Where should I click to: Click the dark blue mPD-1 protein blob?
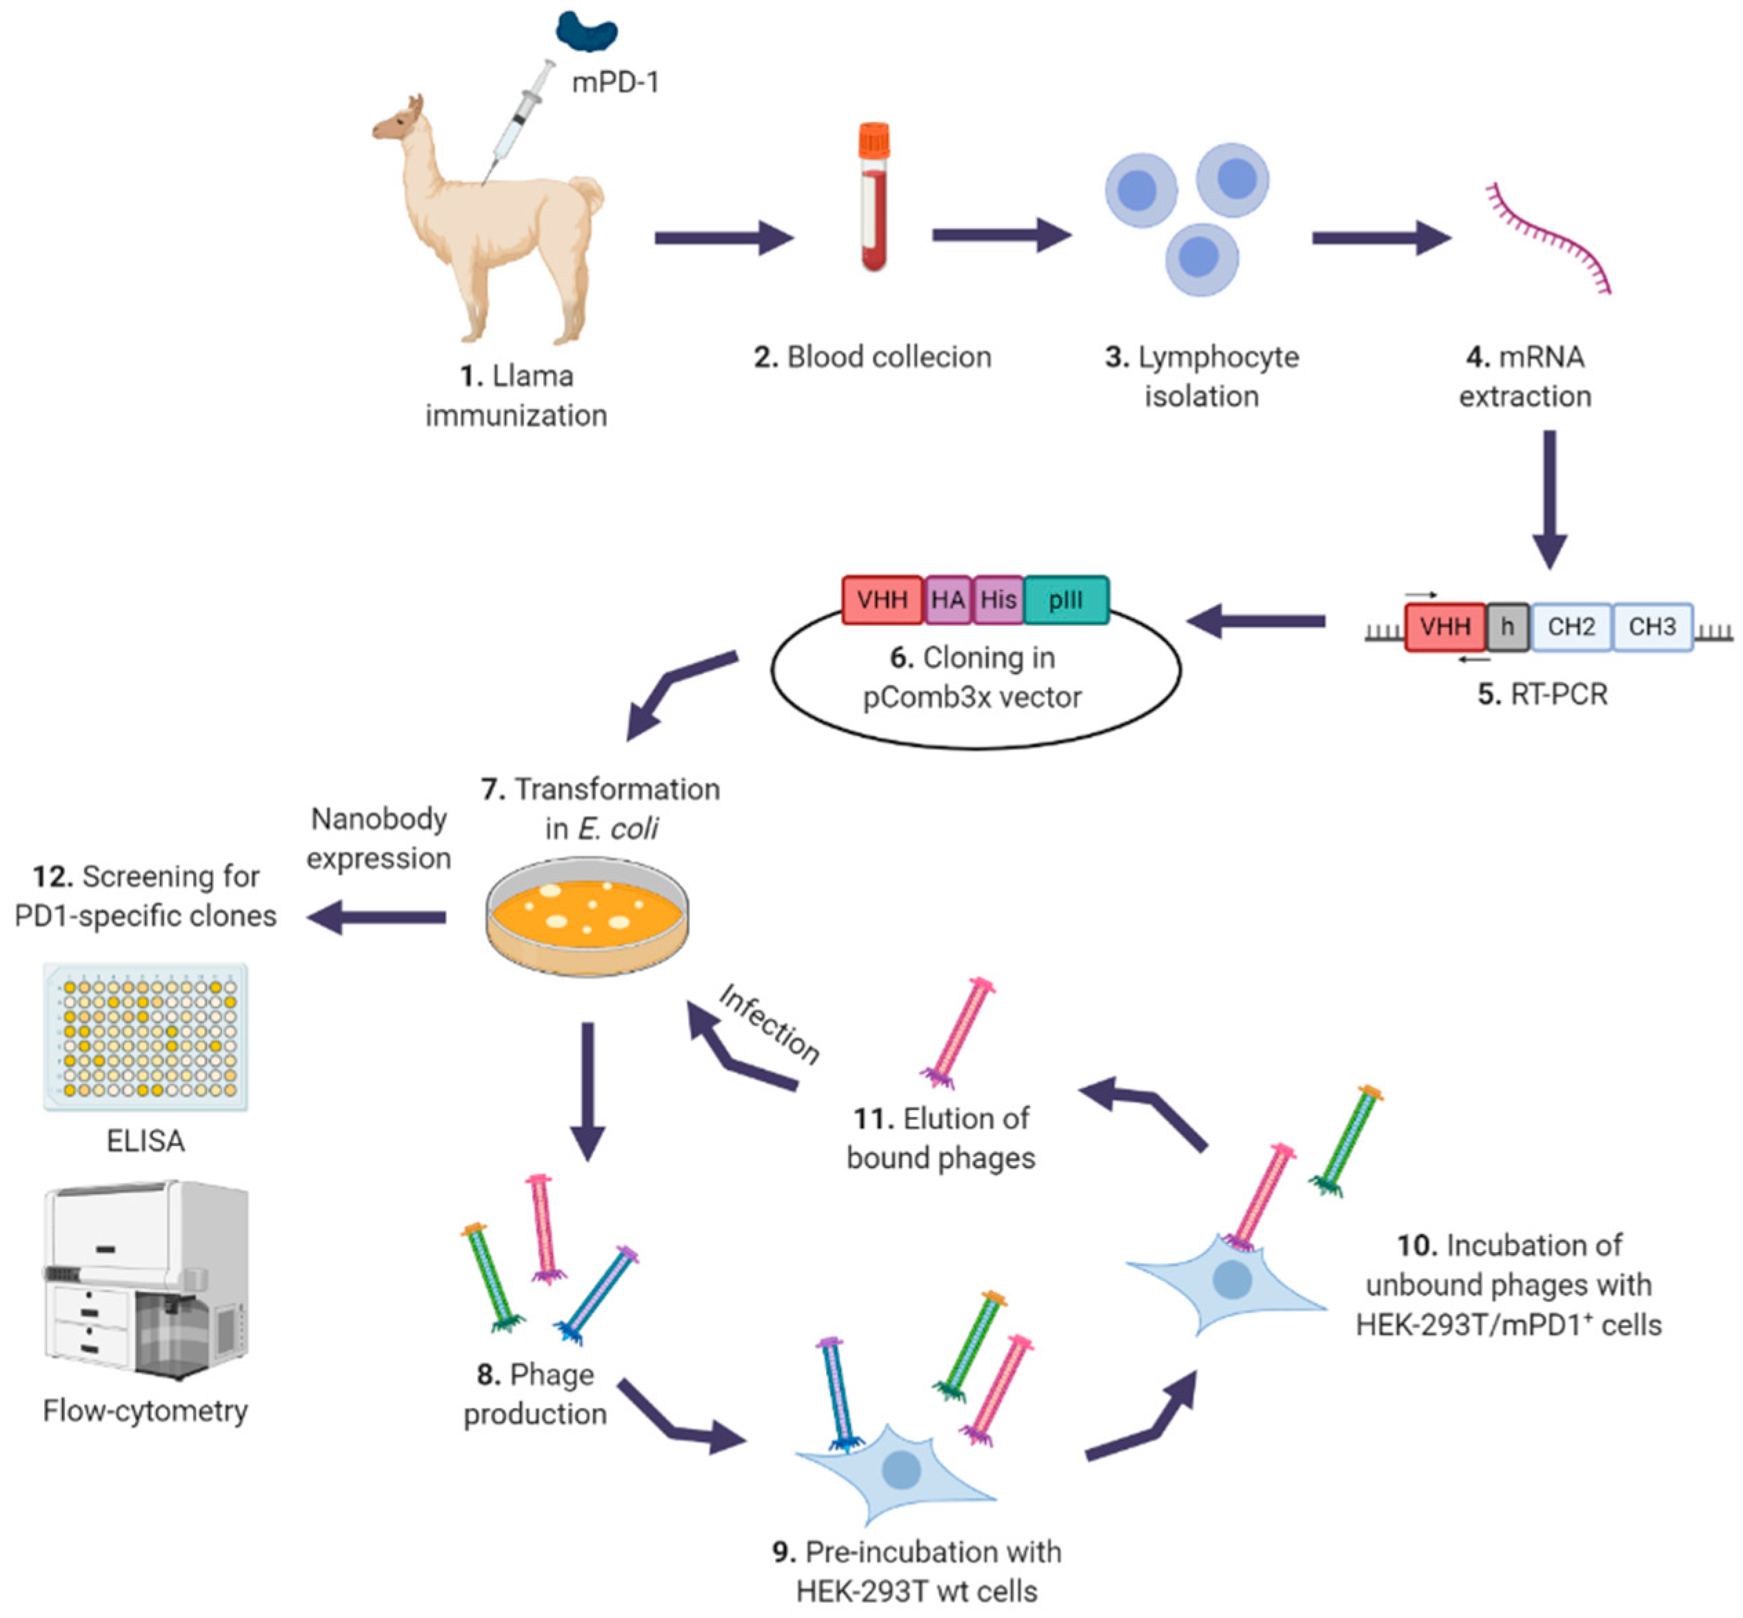coord(585,32)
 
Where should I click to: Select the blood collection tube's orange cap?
coord(874,139)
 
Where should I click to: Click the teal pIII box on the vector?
coord(1065,600)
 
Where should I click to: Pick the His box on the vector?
coord(998,600)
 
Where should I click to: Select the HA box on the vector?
coord(948,600)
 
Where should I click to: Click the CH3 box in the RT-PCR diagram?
coord(1651,627)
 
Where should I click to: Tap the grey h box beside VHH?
coord(1507,627)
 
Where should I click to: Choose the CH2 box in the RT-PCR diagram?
coord(1571,627)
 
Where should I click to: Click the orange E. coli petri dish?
coord(587,916)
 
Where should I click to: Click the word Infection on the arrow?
coord(769,1023)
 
